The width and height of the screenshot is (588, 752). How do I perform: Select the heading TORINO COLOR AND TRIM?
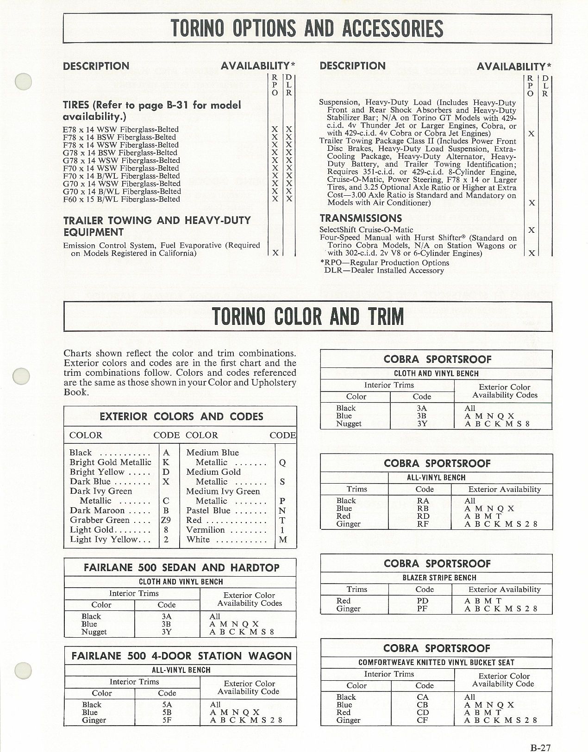(x=307, y=317)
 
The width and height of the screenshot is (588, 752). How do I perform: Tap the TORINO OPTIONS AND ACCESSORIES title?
(x=307, y=28)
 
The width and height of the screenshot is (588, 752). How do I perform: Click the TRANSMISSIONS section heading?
(x=361, y=218)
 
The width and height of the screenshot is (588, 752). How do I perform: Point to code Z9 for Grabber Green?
(x=166, y=520)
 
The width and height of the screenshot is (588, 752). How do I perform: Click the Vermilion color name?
(x=205, y=530)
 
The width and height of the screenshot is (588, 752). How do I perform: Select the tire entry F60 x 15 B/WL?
(x=121, y=199)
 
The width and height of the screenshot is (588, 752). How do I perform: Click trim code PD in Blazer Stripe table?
(x=422, y=601)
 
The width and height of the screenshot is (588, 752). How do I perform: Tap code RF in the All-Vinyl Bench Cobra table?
(x=423, y=524)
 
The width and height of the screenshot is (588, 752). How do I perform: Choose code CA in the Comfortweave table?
(x=423, y=697)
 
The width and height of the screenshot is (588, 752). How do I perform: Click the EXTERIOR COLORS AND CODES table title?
(x=181, y=416)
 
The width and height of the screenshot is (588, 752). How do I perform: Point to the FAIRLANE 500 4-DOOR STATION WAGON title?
(x=181, y=656)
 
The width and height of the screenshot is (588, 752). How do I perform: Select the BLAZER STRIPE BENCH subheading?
(x=436, y=578)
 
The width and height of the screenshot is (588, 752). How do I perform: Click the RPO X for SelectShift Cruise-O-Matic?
(x=532, y=230)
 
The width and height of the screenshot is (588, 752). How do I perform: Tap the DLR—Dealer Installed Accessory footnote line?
(x=384, y=270)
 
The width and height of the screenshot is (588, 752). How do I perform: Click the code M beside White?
(x=283, y=540)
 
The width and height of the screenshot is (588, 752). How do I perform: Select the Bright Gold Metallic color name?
(x=110, y=462)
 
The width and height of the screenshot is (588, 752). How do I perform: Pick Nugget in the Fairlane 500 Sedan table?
(x=94, y=632)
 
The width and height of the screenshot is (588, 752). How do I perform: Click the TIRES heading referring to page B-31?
(x=152, y=111)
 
